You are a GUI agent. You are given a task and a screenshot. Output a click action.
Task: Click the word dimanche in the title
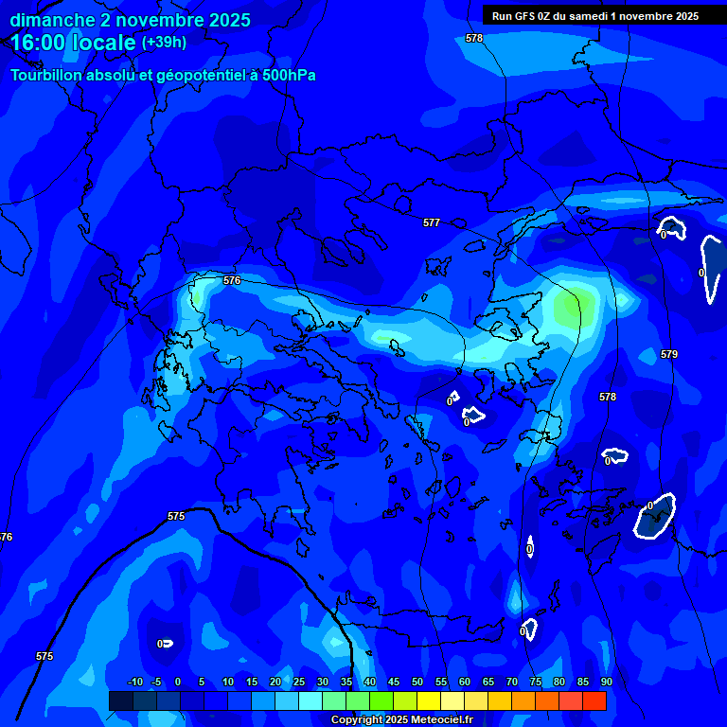pyautogui.click(x=52, y=20)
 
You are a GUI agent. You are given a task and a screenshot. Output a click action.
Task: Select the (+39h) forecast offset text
pyautogui.click(x=164, y=42)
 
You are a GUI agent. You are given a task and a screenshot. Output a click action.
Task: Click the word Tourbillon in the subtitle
pyautogui.click(x=47, y=75)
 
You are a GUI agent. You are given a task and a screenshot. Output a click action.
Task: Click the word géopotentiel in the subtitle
pyautogui.click(x=193, y=76)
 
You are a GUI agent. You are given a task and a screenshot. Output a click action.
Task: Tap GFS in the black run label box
pyautogui.click(x=525, y=16)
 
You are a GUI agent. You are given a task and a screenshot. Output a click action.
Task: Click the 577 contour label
pyautogui.click(x=432, y=222)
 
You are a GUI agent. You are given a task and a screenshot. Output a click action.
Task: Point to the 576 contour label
pyautogui.click(x=232, y=280)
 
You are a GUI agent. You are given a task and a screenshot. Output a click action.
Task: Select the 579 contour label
pyautogui.click(x=669, y=354)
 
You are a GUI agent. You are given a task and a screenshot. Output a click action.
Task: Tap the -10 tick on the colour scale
pyautogui.click(x=134, y=682)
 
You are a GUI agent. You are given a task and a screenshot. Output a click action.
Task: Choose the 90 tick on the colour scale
pyautogui.click(x=606, y=682)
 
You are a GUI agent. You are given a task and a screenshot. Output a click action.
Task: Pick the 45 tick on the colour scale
pyautogui.click(x=393, y=682)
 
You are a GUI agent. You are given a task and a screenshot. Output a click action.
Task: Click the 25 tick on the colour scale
pyautogui.click(x=298, y=682)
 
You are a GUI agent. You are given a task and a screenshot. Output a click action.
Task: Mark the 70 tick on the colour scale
pyautogui.click(x=511, y=682)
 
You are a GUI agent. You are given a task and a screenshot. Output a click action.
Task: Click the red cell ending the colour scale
pyautogui.click(x=594, y=700)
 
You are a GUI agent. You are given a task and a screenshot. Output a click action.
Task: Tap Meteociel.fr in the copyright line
pyautogui.click(x=441, y=720)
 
